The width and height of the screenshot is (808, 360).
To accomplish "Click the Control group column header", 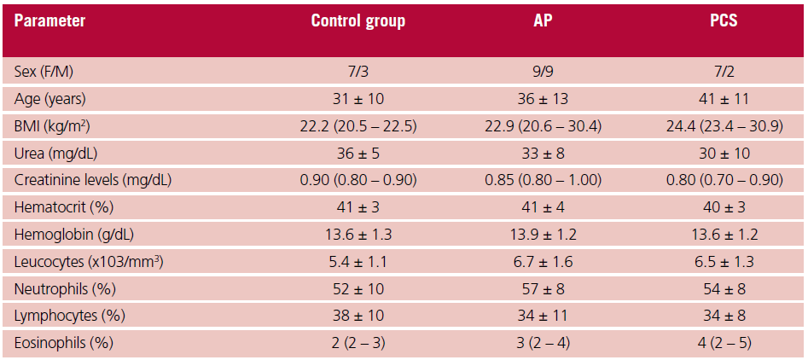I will tap(357, 21).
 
